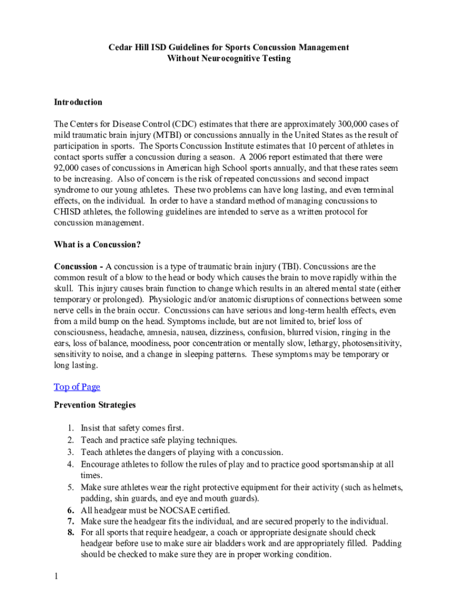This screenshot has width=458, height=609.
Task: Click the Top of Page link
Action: (x=77, y=387)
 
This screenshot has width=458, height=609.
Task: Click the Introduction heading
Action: (x=78, y=102)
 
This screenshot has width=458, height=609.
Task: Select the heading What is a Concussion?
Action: (x=97, y=244)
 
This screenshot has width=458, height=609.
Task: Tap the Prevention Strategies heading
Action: (x=95, y=405)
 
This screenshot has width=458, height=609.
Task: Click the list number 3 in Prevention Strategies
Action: (x=70, y=453)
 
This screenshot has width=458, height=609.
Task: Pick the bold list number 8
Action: (x=70, y=532)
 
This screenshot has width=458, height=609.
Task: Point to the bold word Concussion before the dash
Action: (x=76, y=266)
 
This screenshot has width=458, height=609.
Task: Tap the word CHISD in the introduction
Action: (x=68, y=212)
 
